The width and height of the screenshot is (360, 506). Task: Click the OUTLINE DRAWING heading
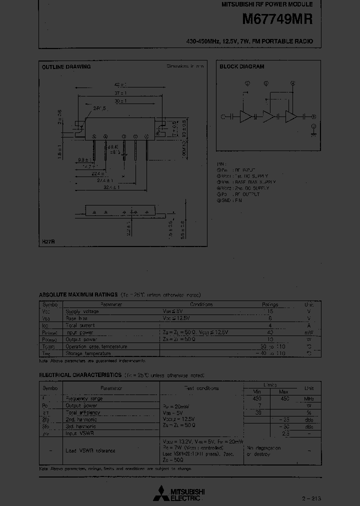click(66, 67)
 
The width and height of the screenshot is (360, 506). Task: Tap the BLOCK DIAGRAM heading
click(241, 66)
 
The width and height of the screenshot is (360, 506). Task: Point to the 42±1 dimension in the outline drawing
click(120, 85)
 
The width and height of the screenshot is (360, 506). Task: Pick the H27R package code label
click(48, 242)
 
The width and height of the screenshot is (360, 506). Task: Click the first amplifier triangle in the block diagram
click(245, 116)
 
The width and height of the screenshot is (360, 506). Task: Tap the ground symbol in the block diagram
click(314, 133)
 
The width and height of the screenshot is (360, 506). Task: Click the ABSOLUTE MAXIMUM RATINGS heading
click(78, 295)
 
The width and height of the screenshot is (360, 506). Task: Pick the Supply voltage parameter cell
click(82, 311)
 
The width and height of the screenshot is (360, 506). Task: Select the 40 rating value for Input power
click(270, 332)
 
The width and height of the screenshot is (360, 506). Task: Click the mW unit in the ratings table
click(309, 332)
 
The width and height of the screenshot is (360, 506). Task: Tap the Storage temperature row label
click(89, 353)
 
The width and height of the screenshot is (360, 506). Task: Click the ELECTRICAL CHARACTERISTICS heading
click(80, 374)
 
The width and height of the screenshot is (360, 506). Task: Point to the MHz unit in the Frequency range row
click(309, 398)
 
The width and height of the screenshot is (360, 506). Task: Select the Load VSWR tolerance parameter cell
click(90, 450)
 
